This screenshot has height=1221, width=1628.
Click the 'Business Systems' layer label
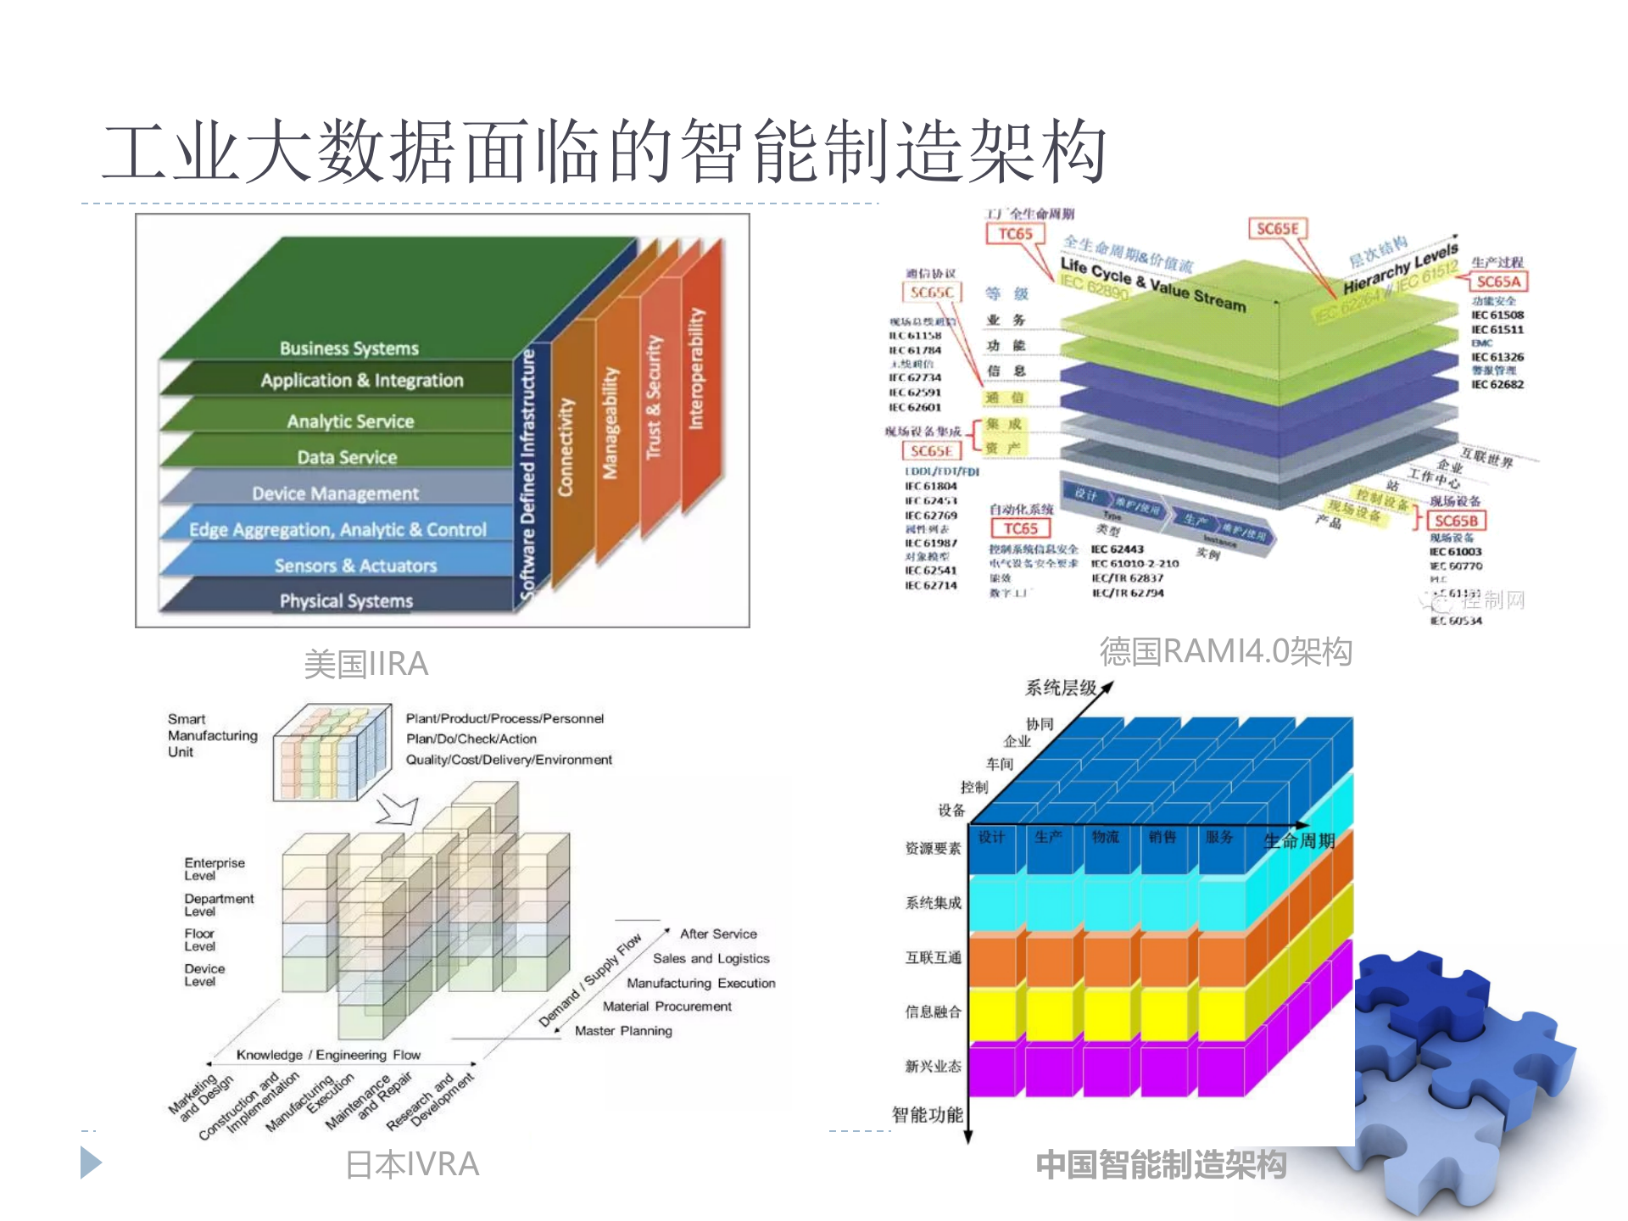tap(349, 348)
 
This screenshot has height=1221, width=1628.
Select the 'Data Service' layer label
tap(347, 458)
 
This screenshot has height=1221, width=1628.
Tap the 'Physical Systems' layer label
tap(346, 601)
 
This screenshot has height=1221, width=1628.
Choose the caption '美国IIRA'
tap(365, 664)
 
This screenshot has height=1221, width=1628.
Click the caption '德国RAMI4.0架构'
tap(1225, 651)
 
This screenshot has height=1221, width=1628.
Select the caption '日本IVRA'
tap(412, 1164)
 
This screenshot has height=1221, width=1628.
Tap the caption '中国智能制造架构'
tap(1161, 1164)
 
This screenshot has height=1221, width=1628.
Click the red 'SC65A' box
tap(1498, 282)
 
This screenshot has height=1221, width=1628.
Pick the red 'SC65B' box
tap(1456, 521)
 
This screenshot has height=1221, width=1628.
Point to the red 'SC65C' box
tap(932, 293)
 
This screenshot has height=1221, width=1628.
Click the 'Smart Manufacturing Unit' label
tap(212, 735)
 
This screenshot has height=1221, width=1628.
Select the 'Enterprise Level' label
tap(214, 869)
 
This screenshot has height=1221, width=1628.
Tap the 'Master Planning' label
tap(623, 1031)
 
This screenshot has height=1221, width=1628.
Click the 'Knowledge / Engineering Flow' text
tap(328, 1055)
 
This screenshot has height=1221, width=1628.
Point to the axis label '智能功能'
tap(927, 1115)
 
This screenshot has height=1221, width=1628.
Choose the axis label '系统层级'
tap(1061, 688)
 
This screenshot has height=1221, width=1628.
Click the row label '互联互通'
tap(933, 957)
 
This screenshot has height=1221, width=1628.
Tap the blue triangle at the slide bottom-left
tap(90, 1162)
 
